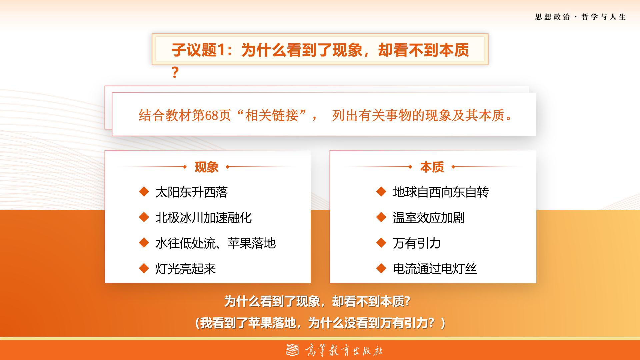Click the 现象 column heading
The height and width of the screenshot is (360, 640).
[x=206, y=167]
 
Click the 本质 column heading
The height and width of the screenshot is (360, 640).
[x=432, y=167]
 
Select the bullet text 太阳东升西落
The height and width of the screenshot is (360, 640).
[x=192, y=192]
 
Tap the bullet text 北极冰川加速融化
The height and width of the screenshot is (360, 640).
[x=204, y=218]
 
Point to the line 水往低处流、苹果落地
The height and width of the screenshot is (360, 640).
[x=216, y=243]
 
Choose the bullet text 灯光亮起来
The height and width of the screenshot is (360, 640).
[x=186, y=269]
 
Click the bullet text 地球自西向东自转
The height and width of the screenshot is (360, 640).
[x=441, y=192]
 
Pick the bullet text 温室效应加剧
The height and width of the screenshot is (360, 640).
[x=429, y=218]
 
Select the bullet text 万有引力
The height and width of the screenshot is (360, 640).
[x=417, y=243]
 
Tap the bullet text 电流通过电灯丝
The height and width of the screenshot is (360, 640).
[x=435, y=269]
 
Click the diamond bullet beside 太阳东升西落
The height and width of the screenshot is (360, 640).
[x=144, y=192]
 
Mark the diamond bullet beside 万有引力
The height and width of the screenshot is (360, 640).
[x=381, y=243]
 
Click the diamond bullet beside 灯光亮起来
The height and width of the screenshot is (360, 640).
[x=144, y=268]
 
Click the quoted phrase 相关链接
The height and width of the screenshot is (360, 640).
[x=271, y=116]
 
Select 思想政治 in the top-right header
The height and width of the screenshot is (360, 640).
[x=552, y=17]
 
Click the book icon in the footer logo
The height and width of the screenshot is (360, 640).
[x=293, y=350]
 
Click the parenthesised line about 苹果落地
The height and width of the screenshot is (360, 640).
[x=320, y=323]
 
